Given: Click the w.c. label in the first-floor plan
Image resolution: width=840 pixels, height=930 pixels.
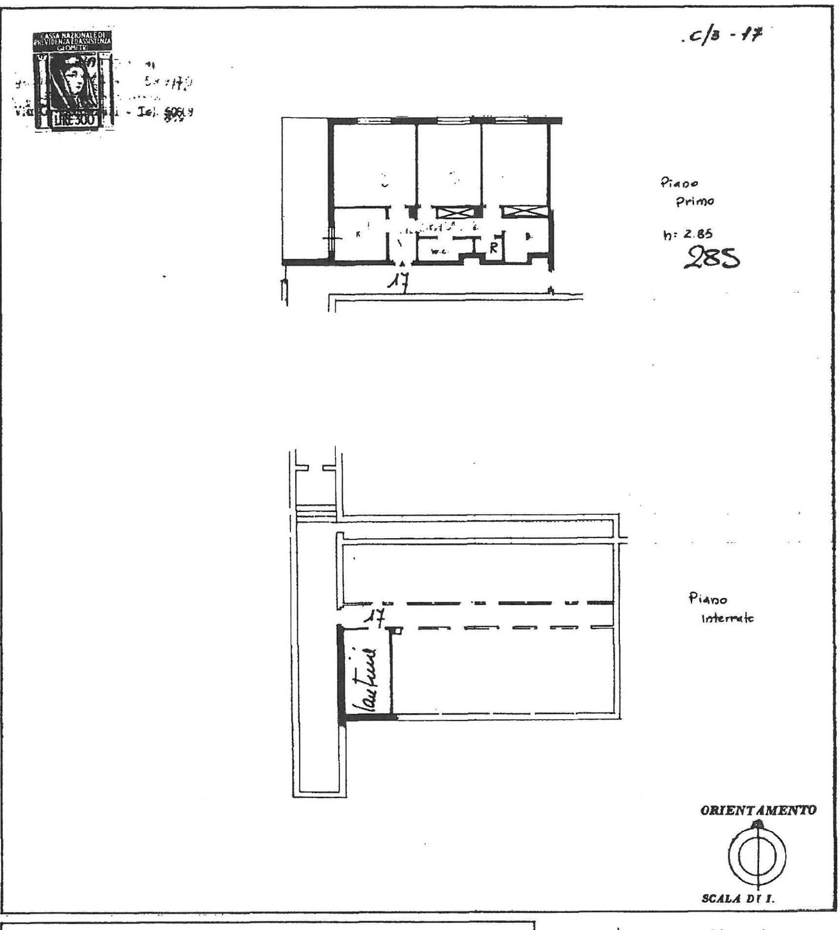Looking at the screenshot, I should tap(437, 252).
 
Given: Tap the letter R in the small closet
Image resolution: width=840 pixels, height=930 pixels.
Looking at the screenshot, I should tap(493, 248).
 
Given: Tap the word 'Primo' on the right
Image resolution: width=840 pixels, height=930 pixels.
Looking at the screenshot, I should tap(695, 201).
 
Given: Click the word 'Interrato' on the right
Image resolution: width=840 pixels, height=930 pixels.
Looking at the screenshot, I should tap(727, 619).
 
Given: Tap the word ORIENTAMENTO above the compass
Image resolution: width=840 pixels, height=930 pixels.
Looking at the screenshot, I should tap(758, 810).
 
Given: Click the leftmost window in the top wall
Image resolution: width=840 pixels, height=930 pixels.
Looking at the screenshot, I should tap(374, 121).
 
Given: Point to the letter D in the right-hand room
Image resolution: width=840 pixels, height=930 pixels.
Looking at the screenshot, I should tap(529, 237).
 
